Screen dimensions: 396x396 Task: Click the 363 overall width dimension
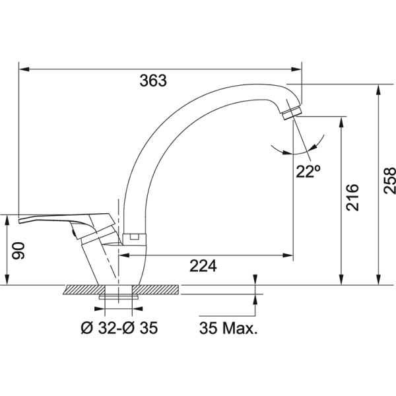(x=153, y=81)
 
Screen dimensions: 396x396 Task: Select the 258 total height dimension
(x=389, y=180)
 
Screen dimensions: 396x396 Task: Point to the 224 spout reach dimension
(x=203, y=266)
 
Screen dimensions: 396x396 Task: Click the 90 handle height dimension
(x=18, y=251)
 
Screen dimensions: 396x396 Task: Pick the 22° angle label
(x=308, y=172)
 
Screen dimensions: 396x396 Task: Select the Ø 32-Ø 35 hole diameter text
(x=119, y=328)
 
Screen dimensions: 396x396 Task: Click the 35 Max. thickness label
(x=228, y=328)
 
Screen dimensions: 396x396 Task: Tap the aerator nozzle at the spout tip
(x=292, y=113)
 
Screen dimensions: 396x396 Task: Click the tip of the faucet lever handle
(x=19, y=221)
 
